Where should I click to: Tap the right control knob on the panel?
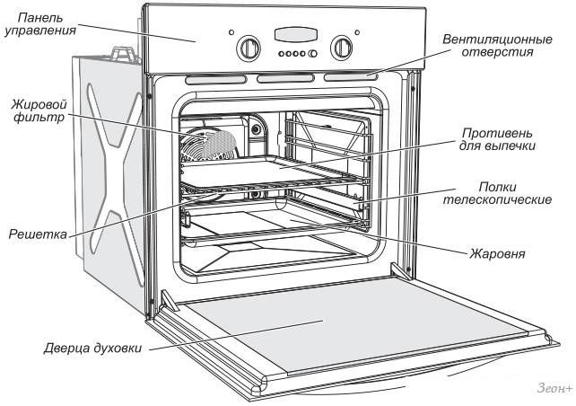tap(342, 48)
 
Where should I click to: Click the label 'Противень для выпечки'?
tap(501, 138)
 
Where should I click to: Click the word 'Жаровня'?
tap(496, 252)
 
